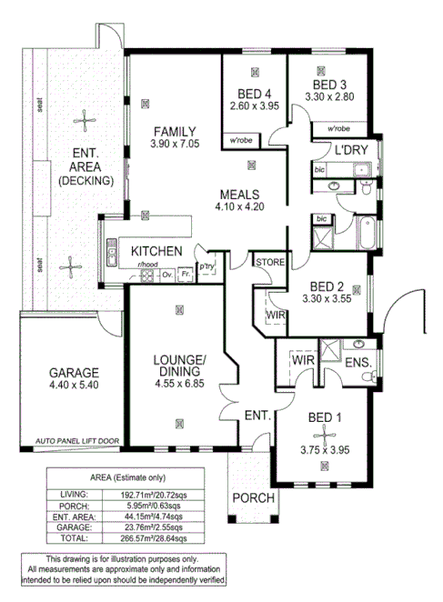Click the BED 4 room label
pyautogui.click(x=255, y=94)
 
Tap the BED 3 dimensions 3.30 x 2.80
pyautogui.click(x=328, y=95)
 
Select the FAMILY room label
pyautogui.click(x=175, y=130)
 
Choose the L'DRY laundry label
pyautogui.click(x=350, y=150)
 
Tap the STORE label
pyautogui.click(x=270, y=263)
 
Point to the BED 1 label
pyautogui.click(x=325, y=417)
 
